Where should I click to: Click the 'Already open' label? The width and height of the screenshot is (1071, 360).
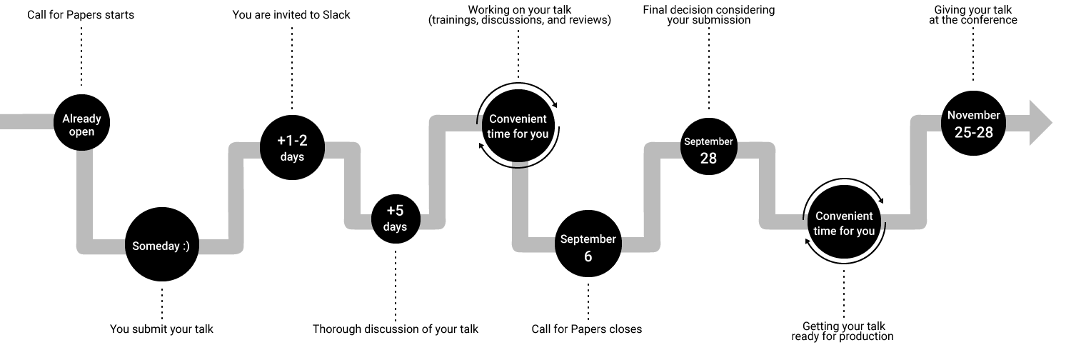pos(81,125)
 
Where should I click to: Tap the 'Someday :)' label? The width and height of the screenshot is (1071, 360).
pos(161,246)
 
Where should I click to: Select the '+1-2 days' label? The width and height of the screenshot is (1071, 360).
pos(292,149)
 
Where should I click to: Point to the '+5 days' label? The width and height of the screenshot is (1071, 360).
pos(395,218)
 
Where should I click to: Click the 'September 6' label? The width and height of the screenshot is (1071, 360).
pos(588,247)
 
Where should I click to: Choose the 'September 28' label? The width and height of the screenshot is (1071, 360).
pos(708,150)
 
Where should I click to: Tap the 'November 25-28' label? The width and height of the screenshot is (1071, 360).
pos(974,124)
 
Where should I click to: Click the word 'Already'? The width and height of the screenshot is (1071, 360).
pos(81,119)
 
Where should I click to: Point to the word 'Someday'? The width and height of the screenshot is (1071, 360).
pos(156,246)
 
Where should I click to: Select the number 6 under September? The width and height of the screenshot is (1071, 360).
pos(588,256)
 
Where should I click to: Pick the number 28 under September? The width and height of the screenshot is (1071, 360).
pos(708,159)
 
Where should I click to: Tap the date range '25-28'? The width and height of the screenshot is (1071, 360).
pos(974,132)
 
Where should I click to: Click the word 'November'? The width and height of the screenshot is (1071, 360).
pos(974,115)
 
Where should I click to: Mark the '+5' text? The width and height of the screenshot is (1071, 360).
pos(395,211)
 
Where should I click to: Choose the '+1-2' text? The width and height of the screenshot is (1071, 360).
pos(292,141)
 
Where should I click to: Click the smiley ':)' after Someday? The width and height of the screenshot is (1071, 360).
pos(186,246)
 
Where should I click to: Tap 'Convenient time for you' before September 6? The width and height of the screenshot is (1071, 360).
pos(518,126)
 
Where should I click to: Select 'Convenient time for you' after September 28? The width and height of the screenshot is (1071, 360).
pos(844,223)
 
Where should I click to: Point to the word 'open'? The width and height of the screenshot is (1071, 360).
pos(81,132)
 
